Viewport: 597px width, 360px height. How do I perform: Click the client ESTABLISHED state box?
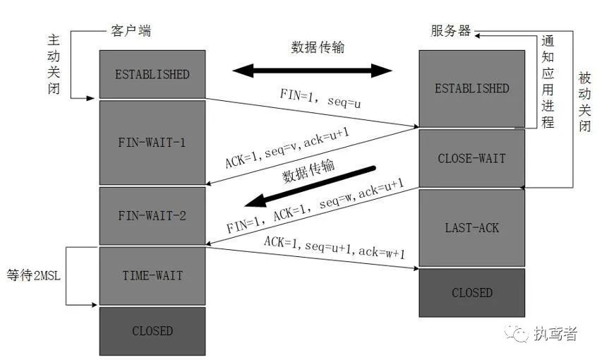coord(152,74)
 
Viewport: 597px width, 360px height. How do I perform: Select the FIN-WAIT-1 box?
coord(152,142)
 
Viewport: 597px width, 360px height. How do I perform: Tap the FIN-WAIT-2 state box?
coord(152,215)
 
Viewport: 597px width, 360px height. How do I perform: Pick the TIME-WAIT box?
coord(152,276)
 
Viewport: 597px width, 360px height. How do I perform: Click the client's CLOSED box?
coord(152,330)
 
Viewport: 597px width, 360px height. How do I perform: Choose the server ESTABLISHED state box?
coord(471,88)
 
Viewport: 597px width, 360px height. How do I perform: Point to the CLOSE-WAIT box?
coord(471,158)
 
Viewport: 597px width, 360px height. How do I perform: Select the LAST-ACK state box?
coord(471,227)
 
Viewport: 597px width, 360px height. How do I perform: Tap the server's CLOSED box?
coord(471,292)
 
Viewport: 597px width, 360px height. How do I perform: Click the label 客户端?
coord(131,31)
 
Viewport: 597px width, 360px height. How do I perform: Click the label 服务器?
coord(451,31)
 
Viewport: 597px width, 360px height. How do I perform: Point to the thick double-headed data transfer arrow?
coord(312,71)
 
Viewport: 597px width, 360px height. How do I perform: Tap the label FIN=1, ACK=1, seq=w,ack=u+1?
coord(315,206)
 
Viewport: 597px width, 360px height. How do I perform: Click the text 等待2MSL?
coord(34,275)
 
